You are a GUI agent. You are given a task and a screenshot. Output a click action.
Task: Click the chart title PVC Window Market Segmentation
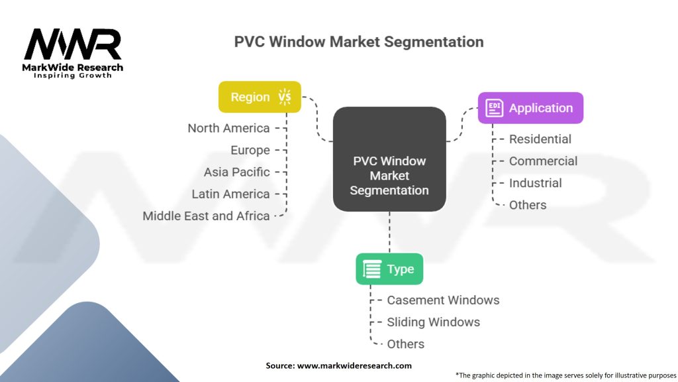pyautogui.click(x=358, y=42)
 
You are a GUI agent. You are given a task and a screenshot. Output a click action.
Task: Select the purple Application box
pyautogui.click(x=530, y=108)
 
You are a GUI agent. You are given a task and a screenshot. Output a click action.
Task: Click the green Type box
pyautogui.click(x=389, y=269)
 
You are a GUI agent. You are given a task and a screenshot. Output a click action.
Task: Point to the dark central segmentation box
pyautogui.click(x=389, y=159)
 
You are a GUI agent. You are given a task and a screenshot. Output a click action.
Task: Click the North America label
pyautogui.click(x=228, y=128)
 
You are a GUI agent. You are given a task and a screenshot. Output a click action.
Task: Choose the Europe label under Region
pyautogui.click(x=250, y=150)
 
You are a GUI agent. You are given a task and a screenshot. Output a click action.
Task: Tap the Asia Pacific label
pyautogui.click(x=237, y=172)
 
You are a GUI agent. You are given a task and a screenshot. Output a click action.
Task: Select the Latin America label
pyautogui.click(x=230, y=194)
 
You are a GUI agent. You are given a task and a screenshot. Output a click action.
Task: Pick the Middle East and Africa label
pyautogui.click(x=206, y=216)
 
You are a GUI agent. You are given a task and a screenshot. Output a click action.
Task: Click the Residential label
pyautogui.click(x=540, y=139)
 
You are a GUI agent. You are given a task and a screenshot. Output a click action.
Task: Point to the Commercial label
pyautogui.click(x=543, y=161)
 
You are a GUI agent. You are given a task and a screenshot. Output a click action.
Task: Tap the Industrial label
pyautogui.click(x=535, y=183)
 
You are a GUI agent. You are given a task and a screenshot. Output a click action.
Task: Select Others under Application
pyautogui.click(x=528, y=205)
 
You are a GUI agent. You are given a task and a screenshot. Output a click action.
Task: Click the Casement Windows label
pyautogui.click(x=443, y=300)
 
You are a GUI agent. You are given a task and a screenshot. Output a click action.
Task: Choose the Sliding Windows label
pyautogui.click(x=433, y=322)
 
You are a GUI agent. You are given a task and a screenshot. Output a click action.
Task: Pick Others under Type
pyautogui.click(x=405, y=344)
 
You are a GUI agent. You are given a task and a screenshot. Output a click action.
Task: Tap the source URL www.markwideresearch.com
pyautogui.click(x=354, y=365)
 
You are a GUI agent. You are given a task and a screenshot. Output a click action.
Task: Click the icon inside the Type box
pyautogui.click(x=372, y=269)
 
